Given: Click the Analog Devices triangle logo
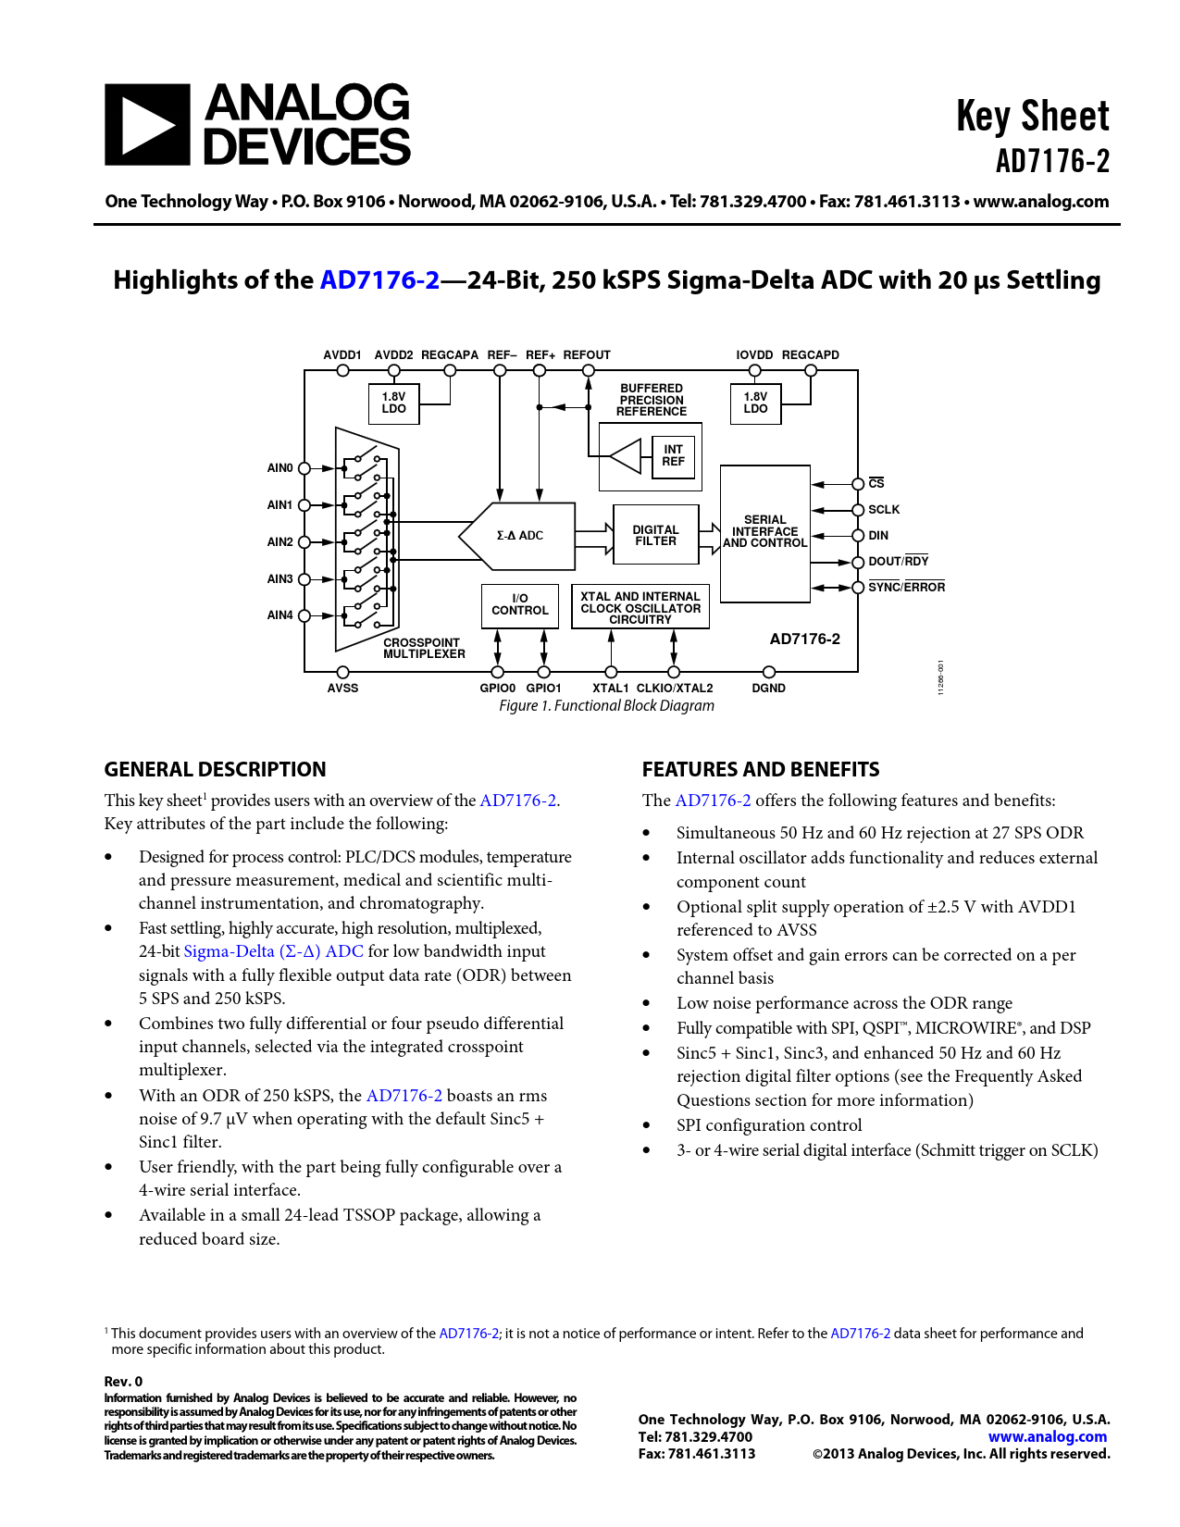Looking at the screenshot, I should pos(147,125).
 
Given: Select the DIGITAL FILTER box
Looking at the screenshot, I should pos(655,536).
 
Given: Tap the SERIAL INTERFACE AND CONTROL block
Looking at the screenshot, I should pos(764,533).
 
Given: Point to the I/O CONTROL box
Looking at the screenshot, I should pos(520,605).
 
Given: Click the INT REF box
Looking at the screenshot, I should pos(673,455).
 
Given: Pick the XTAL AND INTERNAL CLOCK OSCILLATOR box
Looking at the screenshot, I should pos(640,608).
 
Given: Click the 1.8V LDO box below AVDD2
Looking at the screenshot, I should pos(394,403).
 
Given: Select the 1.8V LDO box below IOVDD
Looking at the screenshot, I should pos(755,403).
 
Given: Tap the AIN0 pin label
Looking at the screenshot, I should pos(279,468).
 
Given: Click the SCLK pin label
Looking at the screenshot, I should pos(884,510).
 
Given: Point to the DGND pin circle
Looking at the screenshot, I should pos(769,672).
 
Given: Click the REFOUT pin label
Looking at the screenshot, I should pos(587,355).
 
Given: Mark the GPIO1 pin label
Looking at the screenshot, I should pos(543,689).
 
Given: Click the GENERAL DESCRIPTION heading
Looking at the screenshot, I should pos(215,770).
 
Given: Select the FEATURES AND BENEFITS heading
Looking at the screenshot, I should pos(761,770).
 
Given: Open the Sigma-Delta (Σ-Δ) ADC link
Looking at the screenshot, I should pos(273,951).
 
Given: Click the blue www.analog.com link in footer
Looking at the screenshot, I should pos(1048,1436).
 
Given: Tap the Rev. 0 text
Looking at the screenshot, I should pos(123,1382).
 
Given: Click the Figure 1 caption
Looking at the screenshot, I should pos(606,706).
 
